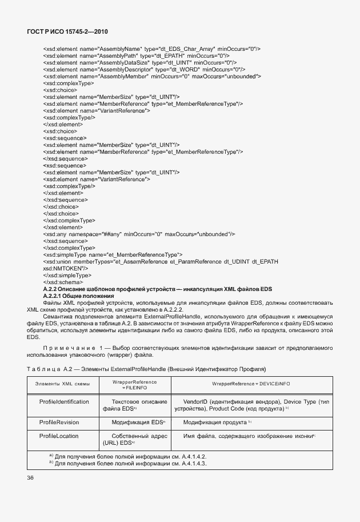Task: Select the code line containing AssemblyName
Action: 151,49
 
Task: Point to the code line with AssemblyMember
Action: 152,75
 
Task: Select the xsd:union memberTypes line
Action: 161,261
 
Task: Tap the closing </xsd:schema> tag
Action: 63,281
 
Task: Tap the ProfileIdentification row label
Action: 64,402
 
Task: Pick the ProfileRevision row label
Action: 59,422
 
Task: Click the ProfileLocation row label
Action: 59,436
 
